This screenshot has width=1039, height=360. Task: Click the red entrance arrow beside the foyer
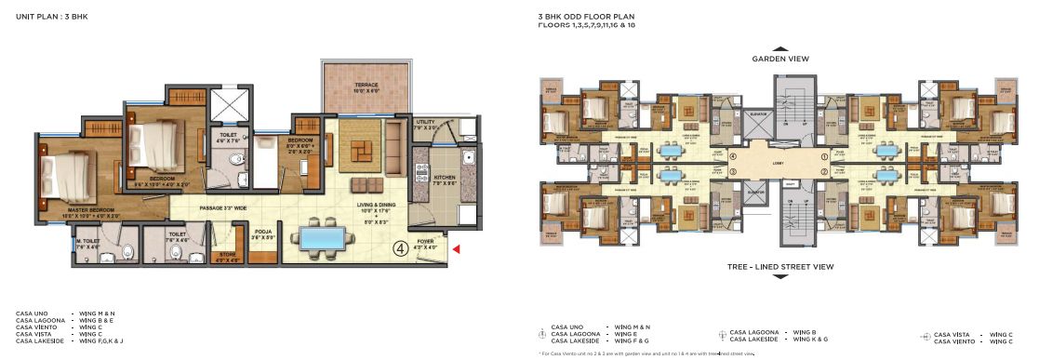(455, 248)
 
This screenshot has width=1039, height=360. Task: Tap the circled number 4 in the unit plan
(399, 247)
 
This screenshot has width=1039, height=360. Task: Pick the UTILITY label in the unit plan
(425, 123)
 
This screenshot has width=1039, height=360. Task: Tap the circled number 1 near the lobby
(824, 157)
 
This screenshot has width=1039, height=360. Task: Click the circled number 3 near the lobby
(733, 171)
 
